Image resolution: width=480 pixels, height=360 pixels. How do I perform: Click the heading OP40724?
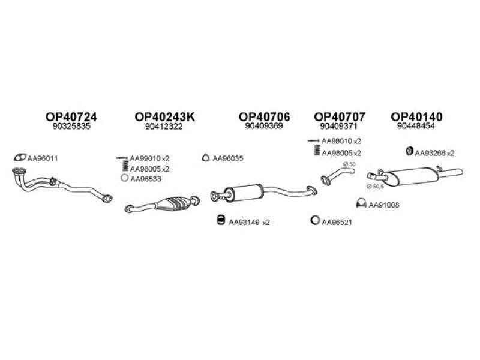(71, 116)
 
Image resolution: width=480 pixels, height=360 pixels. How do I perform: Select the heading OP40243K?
(164, 116)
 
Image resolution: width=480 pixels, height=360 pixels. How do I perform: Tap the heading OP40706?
(264, 116)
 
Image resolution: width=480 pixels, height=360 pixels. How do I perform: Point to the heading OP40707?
(340, 116)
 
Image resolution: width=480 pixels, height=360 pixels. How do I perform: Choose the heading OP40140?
(416, 116)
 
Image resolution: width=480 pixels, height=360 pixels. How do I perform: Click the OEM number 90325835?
(71, 126)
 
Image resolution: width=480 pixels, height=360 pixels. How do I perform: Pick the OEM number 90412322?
(164, 126)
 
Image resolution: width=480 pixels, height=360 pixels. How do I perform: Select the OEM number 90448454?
(416, 126)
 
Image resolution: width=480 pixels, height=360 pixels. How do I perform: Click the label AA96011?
(43, 158)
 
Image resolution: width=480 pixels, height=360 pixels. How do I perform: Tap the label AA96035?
(228, 158)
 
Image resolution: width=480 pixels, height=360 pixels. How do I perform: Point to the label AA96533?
(145, 179)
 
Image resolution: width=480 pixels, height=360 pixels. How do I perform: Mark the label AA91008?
(384, 205)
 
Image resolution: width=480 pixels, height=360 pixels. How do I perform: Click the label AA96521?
(337, 222)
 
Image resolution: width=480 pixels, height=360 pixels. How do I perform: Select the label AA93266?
(430, 153)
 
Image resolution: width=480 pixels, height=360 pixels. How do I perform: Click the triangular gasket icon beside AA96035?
(206, 158)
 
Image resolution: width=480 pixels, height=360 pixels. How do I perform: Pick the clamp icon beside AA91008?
(362, 203)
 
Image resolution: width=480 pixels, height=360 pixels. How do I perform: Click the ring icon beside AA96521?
(314, 220)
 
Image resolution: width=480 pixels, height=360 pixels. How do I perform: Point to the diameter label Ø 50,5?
(375, 187)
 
